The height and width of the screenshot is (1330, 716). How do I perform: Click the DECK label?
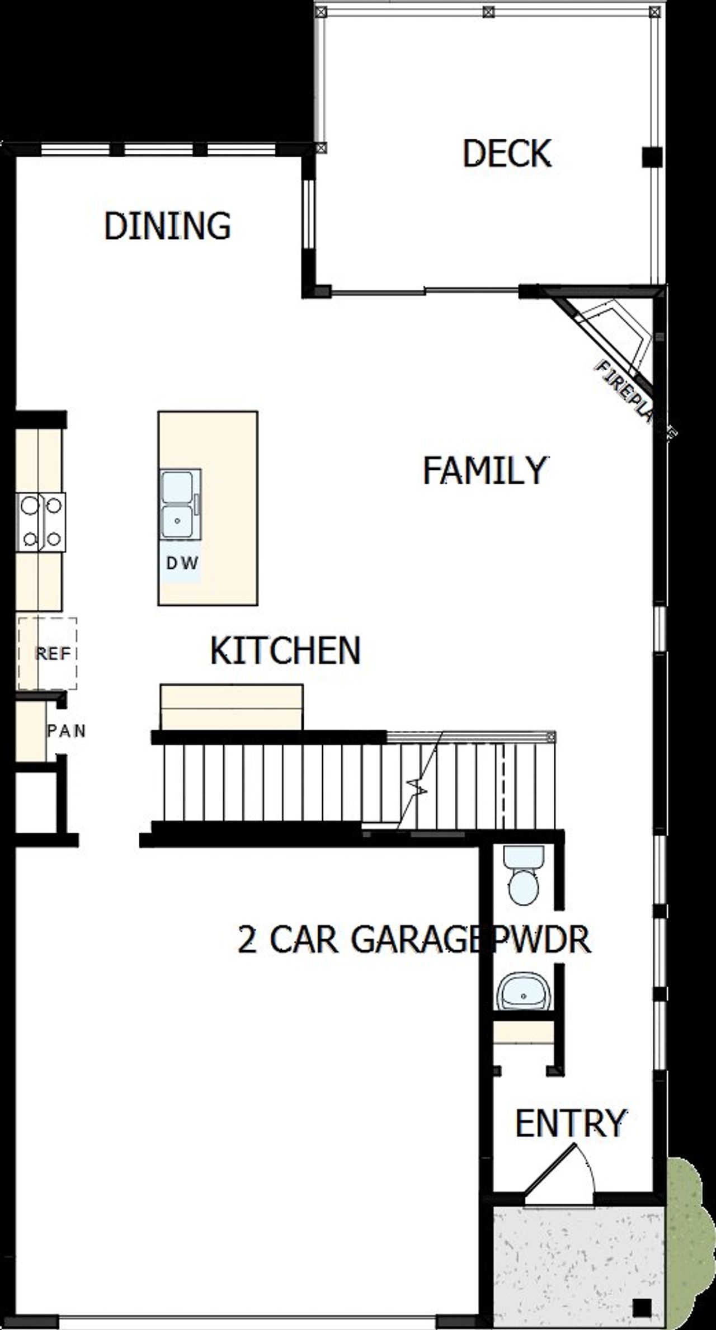point(507,154)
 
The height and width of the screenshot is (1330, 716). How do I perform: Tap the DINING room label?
point(167,226)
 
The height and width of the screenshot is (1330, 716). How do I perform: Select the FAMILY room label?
point(484,470)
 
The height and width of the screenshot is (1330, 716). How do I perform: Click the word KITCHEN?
point(285,650)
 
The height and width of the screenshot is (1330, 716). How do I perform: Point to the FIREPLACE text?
point(635,398)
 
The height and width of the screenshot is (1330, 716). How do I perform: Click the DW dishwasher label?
point(182,563)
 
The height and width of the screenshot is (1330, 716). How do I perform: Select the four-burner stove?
point(41,522)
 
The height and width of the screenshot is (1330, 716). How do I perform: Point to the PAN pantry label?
point(66,731)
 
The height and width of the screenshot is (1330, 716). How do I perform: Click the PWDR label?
point(540,940)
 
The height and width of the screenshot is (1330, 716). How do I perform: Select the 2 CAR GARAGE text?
point(358,940)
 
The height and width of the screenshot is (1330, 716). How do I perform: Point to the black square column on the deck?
point(652,157)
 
